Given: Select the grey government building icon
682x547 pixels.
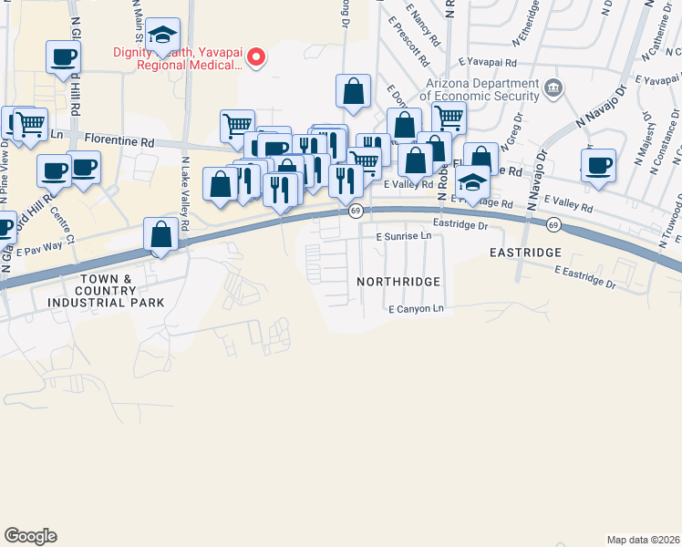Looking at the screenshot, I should coord(553,88).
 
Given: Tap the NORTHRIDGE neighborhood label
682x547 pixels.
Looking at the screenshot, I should coord(399,283).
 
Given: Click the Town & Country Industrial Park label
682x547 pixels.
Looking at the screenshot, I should coord(120,290).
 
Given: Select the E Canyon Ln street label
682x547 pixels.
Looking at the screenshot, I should coord(415,309).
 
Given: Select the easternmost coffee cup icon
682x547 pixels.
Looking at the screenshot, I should coord(598,166).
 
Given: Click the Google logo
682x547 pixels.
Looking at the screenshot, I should coord(30,536).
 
